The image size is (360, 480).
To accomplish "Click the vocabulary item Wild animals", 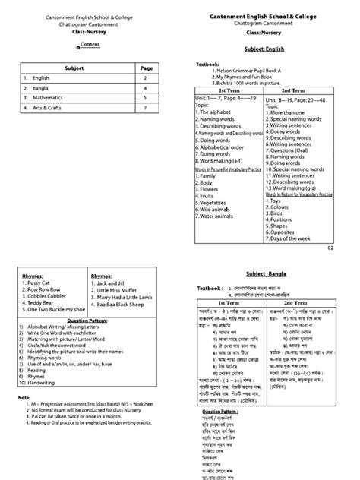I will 215,210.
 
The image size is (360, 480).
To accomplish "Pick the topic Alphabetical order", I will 220,147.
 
